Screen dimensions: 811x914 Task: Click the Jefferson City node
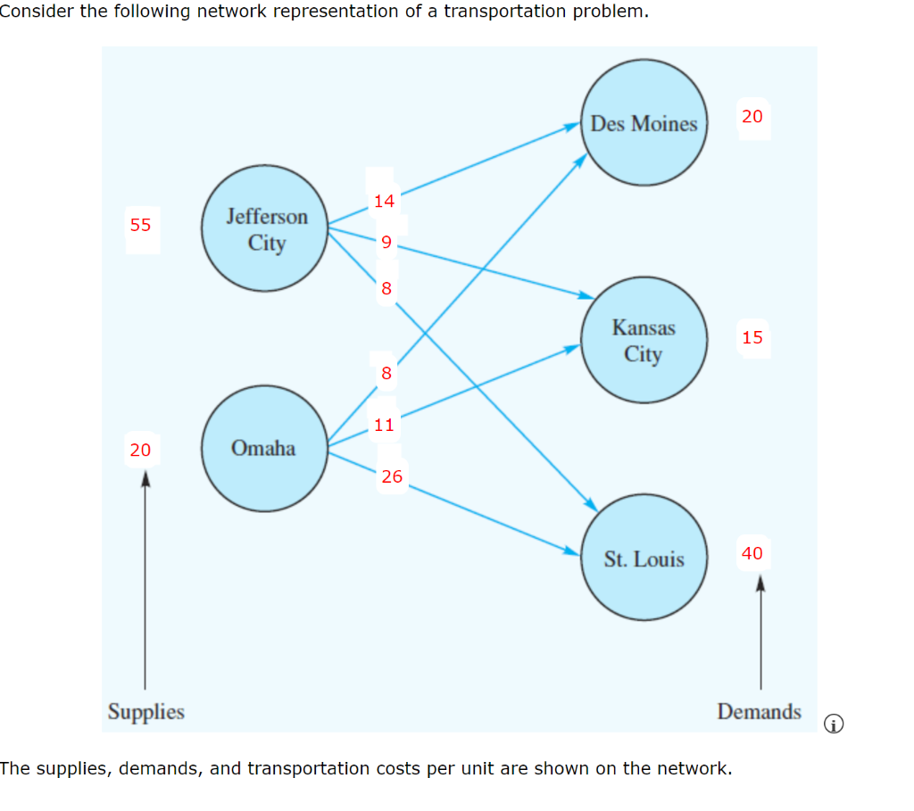click(x=266, y=229)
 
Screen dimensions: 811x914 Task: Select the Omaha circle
click(x=264, y=448)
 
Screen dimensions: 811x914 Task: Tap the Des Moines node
click(x=644, y=123)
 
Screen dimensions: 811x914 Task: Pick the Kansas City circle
click(x=644, y=341)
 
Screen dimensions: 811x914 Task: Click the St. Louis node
click(x=644, y=559)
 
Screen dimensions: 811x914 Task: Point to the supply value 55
click(x=141, y=225)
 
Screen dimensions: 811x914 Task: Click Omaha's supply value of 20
click(x=141, y=450)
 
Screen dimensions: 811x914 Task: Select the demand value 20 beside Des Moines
click(x=752, y=116)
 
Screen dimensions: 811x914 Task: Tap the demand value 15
click(x=752, y=337)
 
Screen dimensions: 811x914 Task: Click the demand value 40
click(x=752, y=553)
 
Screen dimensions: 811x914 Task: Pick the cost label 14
click(x=385, y=202)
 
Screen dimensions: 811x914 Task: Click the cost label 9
click(x=386, y=242)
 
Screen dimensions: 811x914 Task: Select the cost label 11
click(x=385, y=425)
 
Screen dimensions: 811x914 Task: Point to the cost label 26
click(x=392, y=476)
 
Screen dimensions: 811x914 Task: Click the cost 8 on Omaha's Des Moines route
click(x=386, y=374)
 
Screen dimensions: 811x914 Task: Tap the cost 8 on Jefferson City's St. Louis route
click(x=386, y=288)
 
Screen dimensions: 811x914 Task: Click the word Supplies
click(x=146, y=712)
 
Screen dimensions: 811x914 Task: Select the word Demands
click(x=759, y=712)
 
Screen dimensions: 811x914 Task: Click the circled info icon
click(x=833, y=724)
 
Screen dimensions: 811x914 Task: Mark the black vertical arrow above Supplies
click(x=145, y=580)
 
